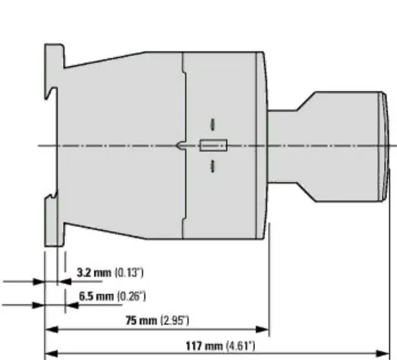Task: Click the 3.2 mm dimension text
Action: coord(93,271)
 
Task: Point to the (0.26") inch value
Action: coord(131,296)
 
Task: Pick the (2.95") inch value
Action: coord(174,321)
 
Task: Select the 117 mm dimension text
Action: coord(203,346)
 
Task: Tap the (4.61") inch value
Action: coord(240,346)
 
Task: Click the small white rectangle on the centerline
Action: coord(213,146)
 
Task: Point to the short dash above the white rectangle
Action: coord(213,124)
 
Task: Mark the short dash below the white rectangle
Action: coord(213,166)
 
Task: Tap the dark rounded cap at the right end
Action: coord(384,145)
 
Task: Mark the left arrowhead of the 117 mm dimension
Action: coord(51,354)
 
